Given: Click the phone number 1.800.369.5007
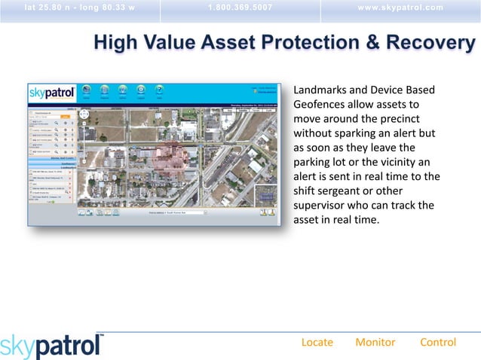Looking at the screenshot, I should pos(240,8).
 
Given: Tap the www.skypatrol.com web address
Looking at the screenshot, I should pos(400,8).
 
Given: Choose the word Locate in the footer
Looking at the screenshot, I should pos(317,342).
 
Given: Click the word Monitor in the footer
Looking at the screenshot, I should pos(375,342).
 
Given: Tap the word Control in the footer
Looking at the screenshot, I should pos(437,342).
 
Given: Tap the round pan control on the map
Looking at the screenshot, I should pos(84,114).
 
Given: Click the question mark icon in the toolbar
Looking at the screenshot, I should pos(159,90).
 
